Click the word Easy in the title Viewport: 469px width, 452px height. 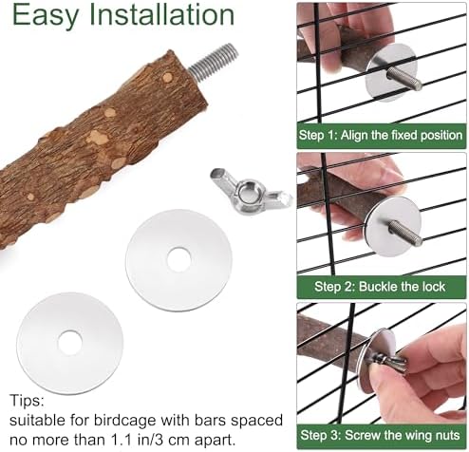(45, 15)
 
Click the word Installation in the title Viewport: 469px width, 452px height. (162, 14)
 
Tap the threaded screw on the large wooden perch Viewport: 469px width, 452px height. (214, 60)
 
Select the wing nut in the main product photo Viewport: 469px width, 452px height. (251, 192)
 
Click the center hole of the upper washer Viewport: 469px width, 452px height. (179, 259)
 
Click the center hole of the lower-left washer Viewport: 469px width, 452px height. (70, 343)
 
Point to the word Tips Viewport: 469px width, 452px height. (27, 401)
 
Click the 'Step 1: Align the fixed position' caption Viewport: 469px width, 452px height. (381, 136)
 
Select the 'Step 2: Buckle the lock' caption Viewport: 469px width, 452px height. (380, 287)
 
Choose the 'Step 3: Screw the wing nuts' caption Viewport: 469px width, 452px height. (380, 435)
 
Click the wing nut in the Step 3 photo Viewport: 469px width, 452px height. (390, 362)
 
